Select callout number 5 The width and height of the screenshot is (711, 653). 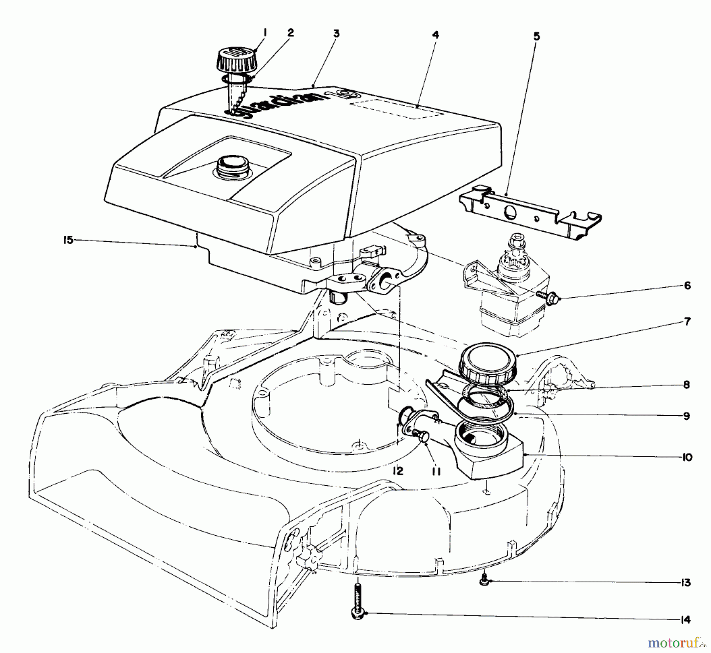536,37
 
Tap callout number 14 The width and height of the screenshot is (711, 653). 686,620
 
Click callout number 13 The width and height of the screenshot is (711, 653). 686,582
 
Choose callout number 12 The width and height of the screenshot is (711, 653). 398,471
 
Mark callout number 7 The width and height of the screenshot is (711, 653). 687,322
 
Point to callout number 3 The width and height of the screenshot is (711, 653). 336,34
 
